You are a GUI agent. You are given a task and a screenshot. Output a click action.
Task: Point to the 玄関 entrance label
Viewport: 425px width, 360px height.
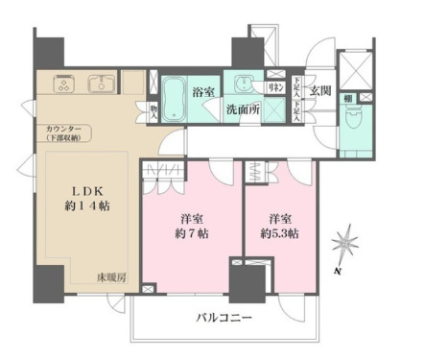[x=321, y=90]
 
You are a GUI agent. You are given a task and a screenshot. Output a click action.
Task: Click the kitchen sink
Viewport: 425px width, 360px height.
[x=101, y=85]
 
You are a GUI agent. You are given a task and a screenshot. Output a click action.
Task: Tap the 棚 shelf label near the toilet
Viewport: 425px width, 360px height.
[x=346, y=99]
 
